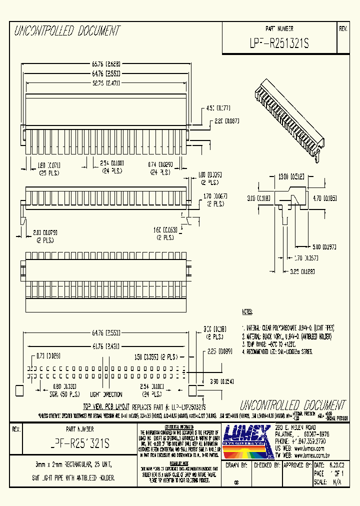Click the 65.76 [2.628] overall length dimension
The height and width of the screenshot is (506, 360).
105,64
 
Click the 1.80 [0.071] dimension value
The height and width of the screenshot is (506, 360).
49,164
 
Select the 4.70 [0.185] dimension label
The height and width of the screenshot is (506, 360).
324,198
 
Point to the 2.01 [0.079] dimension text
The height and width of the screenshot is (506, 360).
45,231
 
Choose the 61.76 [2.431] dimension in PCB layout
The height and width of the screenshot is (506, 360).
105,345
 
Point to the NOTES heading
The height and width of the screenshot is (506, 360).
247,311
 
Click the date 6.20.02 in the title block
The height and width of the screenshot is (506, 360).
336,465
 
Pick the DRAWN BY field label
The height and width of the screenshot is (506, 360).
237,465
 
